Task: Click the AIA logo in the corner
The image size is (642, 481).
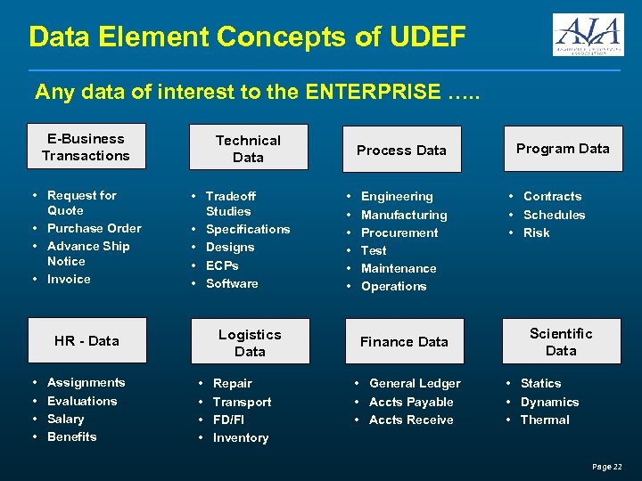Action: [x=588, y=35]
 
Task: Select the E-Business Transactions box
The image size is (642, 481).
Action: [x=86, y=147]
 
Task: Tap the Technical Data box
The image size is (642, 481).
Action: [x=248, y=149]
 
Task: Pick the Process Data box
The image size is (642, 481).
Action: [x=401, y=150]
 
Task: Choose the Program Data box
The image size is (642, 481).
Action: [x=563, y=149]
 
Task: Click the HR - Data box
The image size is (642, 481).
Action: [x=86, y=340]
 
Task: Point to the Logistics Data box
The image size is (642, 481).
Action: [x=250, y=343]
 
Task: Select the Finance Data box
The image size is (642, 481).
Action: [x=404, y=341]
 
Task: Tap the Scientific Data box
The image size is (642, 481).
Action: [x=561, y=342]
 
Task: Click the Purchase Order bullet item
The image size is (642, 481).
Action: [x=94, y=228]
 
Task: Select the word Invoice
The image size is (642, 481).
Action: [x=69, y=279]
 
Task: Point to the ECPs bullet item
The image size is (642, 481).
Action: [x=222, y=265]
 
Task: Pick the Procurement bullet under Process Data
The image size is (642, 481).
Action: [x=399, y=232]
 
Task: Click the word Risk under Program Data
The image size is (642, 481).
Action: [x=536, y=232]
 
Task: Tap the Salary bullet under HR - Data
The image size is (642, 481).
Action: [x=65, y=419]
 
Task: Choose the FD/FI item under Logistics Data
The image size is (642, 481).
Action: [x=228, y=420]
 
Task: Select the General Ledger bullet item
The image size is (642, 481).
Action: [x=415, y=383]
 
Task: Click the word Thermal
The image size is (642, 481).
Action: [x=544, y=420]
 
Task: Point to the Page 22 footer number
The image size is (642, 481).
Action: [x=606, y=467]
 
